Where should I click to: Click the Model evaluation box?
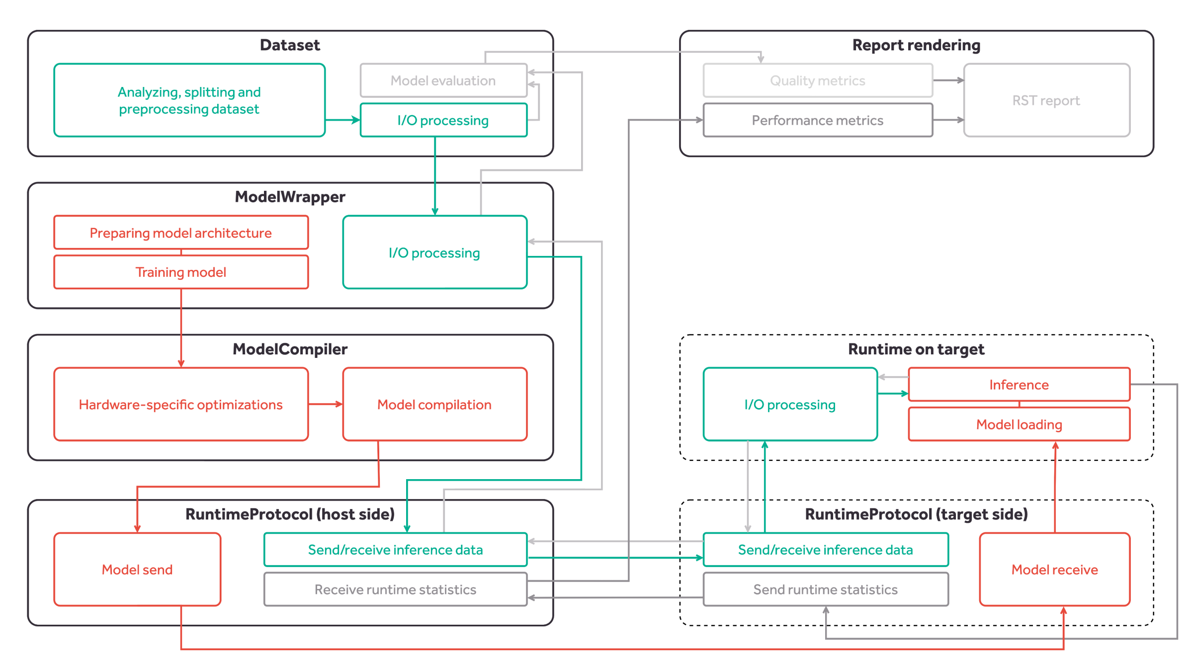click(x=443, y=81)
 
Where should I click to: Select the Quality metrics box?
click(x=818, y=81)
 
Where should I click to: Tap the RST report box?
click(x=1046, y=100)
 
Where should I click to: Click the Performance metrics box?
click(x=818, y=120)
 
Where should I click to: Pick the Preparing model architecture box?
click(x=181, y=233)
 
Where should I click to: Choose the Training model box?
click(x=181, y=272)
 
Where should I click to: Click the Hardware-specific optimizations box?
click(x=181, y=404)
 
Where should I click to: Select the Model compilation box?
click(x=434, y=404)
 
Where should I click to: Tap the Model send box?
click(x=137, y=569)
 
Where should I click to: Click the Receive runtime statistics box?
click(x=395, y=589)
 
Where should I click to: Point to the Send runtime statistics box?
click(x=825, y=589)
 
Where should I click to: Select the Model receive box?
click(x=1054, y=569)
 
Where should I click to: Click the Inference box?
click(x=1019, y=384)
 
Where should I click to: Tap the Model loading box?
click(x=1019, y=424)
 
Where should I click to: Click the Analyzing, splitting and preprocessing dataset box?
click(x=189, y=100)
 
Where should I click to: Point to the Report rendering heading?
click(x=916, y=45)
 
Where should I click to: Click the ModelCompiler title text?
click(x=290, y=349)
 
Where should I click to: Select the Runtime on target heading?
click(x=916, y=349)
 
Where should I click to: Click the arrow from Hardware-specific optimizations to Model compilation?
click(x=326, y=404)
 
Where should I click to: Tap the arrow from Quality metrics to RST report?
click(x=948, y=80)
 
